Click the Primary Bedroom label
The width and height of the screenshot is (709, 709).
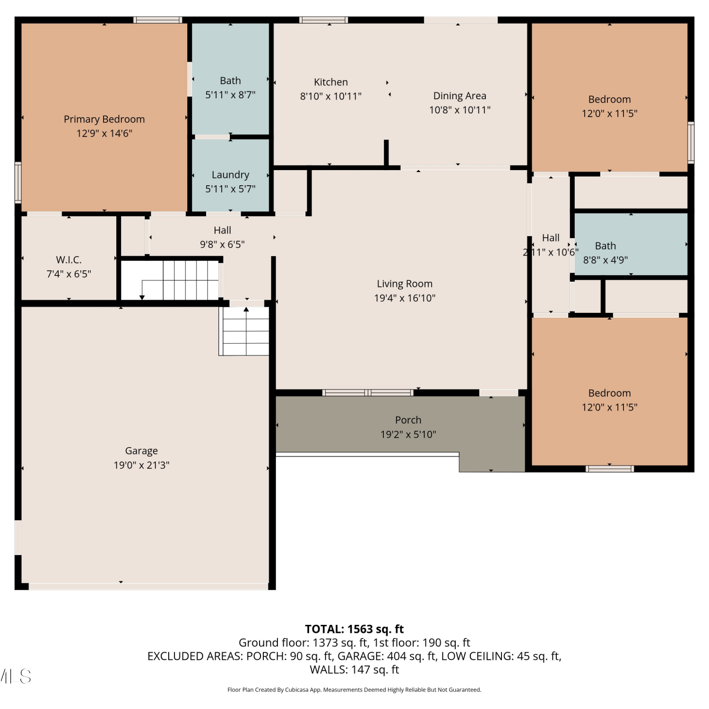(104, 119)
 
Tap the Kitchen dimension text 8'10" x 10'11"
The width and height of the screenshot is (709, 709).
(331, 96)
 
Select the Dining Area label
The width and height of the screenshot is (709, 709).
(460, 96)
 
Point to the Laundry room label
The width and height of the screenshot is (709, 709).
(230, 175)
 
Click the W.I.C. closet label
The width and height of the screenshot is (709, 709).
(69, 259)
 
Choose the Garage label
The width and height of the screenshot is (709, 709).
(141, 451)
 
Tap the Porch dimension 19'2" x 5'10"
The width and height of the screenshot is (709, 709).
(408, 434)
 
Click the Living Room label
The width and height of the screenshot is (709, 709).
(405, 284)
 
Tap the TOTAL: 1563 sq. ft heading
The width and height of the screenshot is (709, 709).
(354, 629)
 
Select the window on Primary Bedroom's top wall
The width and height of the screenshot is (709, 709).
(157, 20)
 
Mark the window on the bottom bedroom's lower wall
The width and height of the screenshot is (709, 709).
(610, 469)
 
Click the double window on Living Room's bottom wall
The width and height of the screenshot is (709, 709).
(368, 393)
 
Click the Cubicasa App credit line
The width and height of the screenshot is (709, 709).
(354, 690)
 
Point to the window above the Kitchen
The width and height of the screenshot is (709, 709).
(324, 20)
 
